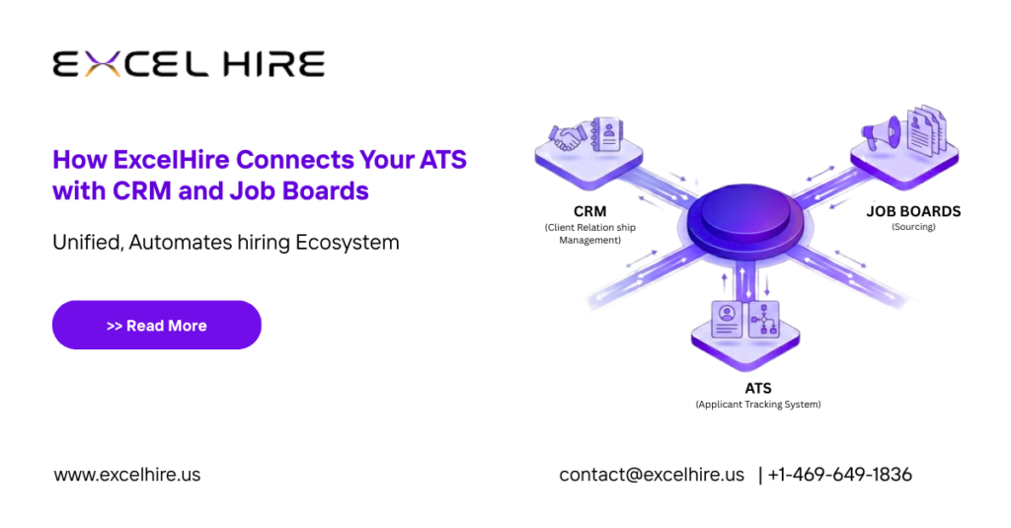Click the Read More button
tap(156, 325)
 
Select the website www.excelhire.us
tap(126, 475)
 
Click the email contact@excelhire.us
tap(652, 475)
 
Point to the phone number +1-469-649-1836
tap(839, 475)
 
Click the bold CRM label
tap(589, 211)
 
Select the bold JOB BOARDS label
tap(913, 211)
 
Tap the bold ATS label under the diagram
tap(758, 387)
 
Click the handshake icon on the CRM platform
tap(569, 137)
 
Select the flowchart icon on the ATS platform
tap(763, 319)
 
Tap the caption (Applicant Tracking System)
tap(757, 405)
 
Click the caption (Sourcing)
tap(913, 227)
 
